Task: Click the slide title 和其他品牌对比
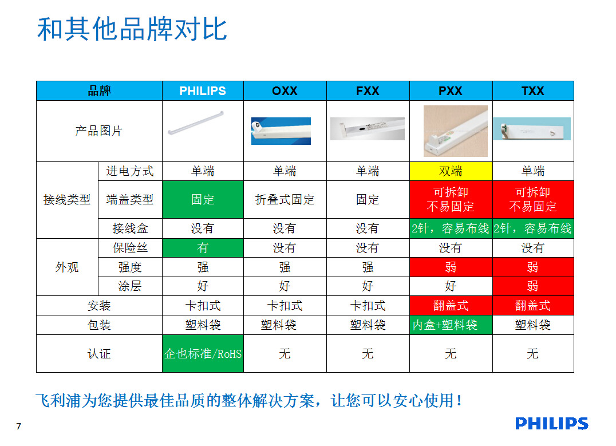[132, 30]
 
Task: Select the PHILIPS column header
[203, 91]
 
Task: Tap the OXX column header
[285, 91]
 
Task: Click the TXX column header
[532, 91]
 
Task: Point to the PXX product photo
[455, 131]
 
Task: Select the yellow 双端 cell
[451, 171]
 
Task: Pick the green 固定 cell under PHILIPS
[203, 199]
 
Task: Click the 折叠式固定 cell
[285, 199]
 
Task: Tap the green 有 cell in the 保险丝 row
[203, 248]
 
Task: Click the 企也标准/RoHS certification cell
[203, 354]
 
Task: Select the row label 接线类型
[67, 200]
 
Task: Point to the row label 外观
[67, 267]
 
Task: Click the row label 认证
[99, 354]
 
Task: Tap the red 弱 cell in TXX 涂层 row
[532, 286]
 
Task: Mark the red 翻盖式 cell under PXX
[451, 306]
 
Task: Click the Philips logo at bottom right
[551, 424]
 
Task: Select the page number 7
[19, 427]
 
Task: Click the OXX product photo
[281, 131]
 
